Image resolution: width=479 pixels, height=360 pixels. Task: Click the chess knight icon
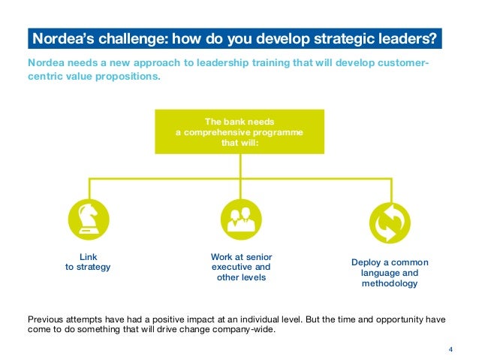[89, 221]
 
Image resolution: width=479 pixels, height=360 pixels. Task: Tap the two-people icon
[240, 221]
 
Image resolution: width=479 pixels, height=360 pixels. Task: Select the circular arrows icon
[390, 223]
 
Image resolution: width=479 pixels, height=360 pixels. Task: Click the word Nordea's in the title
[58, 38]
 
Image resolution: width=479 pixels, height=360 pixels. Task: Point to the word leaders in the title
[411, 38]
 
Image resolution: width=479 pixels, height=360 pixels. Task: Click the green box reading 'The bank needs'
[239, 132]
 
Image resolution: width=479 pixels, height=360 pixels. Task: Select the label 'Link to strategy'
[89, 262]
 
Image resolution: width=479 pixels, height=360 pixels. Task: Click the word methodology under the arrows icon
[390, 284]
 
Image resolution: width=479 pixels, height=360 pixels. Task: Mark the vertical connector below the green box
[239, 166]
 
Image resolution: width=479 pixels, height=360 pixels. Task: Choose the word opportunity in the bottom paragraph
[396, 318]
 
